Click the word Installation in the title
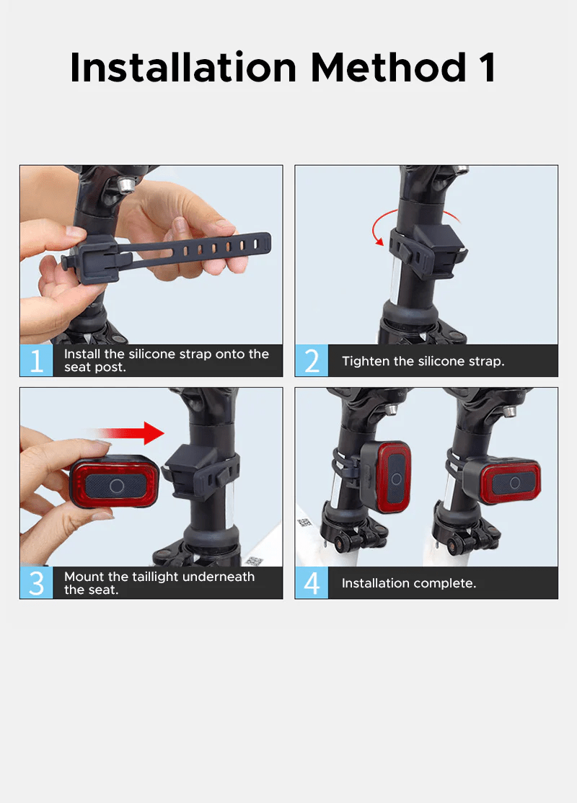tap(183, 67)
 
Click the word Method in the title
tap(389, 67)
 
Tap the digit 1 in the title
tap(488, 67)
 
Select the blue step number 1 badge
tap(36, 360)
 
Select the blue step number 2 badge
tap(312, 360)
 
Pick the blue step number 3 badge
tap(36, 583)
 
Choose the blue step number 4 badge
tap(312, 583)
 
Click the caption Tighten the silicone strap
tap(423, 361)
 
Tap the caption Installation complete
tap(409, 583)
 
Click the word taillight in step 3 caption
tap(155, 577)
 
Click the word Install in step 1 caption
tap(82, 354)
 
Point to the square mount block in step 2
tap(440, 251)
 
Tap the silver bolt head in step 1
tap(125, 184)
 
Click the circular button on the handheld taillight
tap(117, 486)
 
